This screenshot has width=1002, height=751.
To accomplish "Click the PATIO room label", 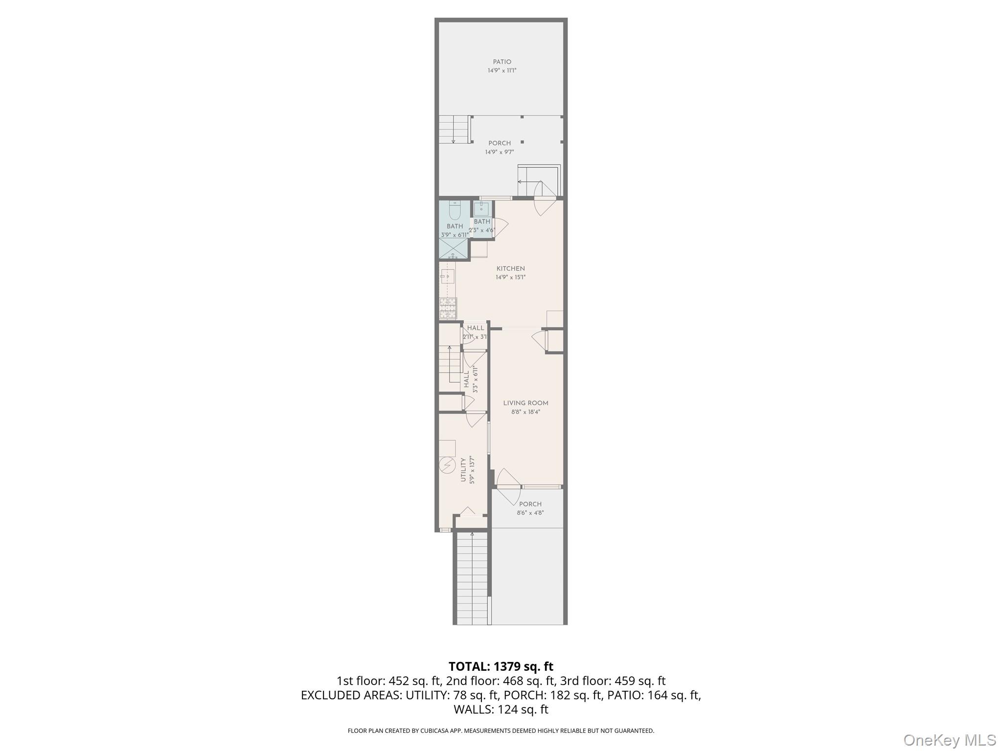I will pyautogui.click(x=502, y=62).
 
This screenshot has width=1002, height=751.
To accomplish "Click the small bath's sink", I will pyautogui.click(x=481, y=209).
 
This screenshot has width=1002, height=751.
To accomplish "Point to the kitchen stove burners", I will pyautogui.click(x=447, y=308).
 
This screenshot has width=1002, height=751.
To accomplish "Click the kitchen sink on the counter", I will pyautogui.click(x=447, y=277).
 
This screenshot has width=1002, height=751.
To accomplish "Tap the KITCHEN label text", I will pyautogui.click(x=510, y=268).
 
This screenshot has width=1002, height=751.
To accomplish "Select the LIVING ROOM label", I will pyautogui.click(x=525, y=403).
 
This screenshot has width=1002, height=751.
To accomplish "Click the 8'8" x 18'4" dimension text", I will pyautogui.click(x=525, y=412).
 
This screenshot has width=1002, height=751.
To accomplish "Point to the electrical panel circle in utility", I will pyautogui.click(x=447, y=465).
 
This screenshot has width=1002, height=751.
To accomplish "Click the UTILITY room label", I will pyautogui.click(x=463, y=470).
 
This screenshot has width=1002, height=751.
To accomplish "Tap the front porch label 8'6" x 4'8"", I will pyautogui.click(x=530, y=513).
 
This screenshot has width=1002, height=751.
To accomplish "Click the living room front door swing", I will pyautogui.click(x=507, y=486).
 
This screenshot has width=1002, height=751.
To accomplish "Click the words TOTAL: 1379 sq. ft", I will pyautogui.click(x=501, y=666).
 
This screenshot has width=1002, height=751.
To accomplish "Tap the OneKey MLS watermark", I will pyautogui.click(x=949, y=740).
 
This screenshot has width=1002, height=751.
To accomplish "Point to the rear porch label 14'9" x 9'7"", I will pyautogui.click(x=499, y=152).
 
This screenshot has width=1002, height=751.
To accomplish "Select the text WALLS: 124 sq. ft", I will pyautogui.click(x=501, y=709).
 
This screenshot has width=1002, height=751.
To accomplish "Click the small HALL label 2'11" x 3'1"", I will pyautogui.click(x=475, y=332).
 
